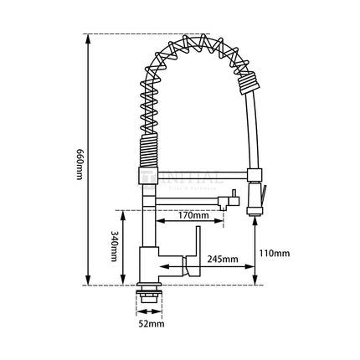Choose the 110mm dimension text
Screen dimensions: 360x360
(274, 253)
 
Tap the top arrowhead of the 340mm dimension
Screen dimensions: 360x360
(129, 212)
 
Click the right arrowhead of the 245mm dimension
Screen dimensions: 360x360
(250, 268)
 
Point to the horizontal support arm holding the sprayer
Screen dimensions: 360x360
(201, 177)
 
